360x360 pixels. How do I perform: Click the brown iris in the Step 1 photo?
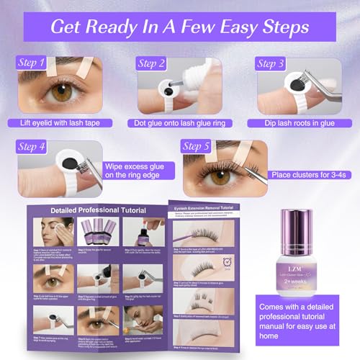(x=63, y=94)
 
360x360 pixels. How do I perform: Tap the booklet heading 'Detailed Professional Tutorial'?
(x=102, y=210)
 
